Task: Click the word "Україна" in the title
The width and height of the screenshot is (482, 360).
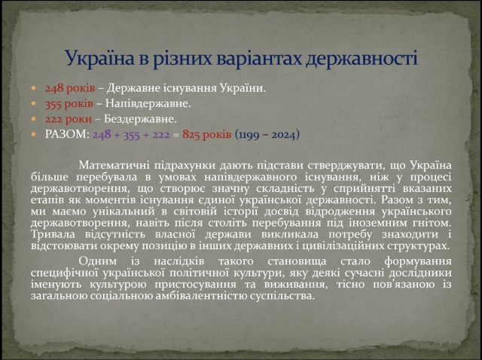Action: tap(99, 58)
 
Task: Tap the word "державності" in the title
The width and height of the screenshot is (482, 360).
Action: tap(361, 59)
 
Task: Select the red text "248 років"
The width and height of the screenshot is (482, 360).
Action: tap(70, 88)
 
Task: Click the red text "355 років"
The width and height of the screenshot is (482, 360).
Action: tap(69, 104)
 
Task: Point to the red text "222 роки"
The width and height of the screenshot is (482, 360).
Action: tap(69, 119)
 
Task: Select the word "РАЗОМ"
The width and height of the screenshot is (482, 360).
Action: tap(66, 134)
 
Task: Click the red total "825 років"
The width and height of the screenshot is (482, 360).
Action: tap(207, 134)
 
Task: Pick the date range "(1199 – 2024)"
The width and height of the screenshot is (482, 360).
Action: tap(267, 135)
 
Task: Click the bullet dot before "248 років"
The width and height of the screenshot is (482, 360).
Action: tap(33, 89)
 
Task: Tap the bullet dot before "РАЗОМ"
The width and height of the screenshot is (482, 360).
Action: tap(33, 134)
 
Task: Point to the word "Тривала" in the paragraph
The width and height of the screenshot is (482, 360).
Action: tap(53, 234)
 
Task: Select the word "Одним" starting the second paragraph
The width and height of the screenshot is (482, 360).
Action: tap(98, 261)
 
